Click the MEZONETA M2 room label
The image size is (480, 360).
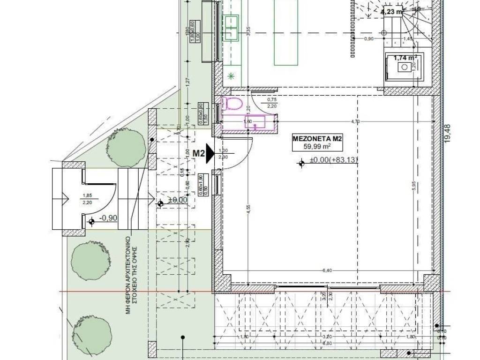[x=316, y=139]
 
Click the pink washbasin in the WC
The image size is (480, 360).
[x=258, y=122]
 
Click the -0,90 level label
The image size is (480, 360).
[x=108, y=218]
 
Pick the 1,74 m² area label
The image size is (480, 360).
[x=405, y=58]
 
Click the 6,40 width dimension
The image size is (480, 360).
[x=327, y=270]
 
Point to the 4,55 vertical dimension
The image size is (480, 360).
[x=248, y=209]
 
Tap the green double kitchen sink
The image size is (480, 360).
[x=231, y=28]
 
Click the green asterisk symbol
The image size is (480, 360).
[x=231, y=76]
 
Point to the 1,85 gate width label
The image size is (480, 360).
[x=87, y=196]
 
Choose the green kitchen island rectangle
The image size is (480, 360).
[x=286, y=33]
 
